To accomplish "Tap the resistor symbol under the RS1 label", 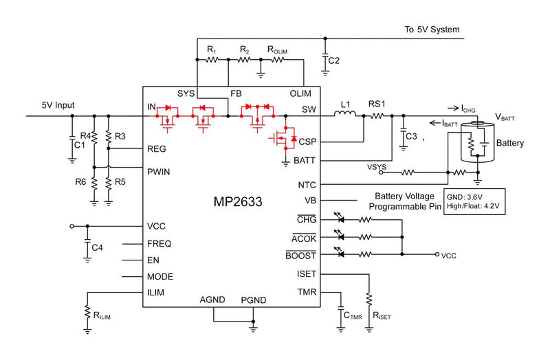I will tap(377, 116).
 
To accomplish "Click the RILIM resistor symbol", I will tap(87, 313).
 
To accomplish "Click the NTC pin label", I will tap(307, 184).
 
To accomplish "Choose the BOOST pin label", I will tap(300, 256).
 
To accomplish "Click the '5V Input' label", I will tap(58, 105).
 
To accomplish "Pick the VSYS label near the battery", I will tap(376, 166).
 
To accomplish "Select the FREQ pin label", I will tap(159, 244).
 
